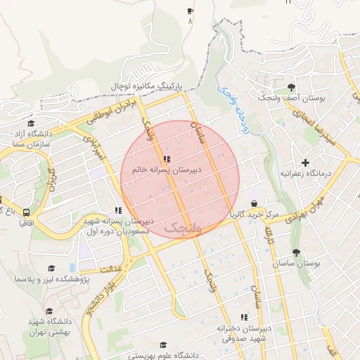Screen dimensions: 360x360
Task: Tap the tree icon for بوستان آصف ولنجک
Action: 291,87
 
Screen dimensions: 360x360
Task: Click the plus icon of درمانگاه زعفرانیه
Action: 305,163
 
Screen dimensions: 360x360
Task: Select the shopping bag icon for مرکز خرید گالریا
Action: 254,203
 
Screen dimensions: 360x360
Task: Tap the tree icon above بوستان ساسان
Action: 295,253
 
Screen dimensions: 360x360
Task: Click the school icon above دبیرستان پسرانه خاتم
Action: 166,159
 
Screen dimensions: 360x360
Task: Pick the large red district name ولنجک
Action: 182,226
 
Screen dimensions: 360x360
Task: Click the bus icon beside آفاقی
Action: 27,212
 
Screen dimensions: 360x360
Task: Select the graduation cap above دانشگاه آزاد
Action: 30,123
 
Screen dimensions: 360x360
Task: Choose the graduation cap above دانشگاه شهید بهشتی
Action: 49,311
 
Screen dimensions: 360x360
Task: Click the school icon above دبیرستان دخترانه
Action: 244,317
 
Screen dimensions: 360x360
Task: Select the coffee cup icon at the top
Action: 190,11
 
